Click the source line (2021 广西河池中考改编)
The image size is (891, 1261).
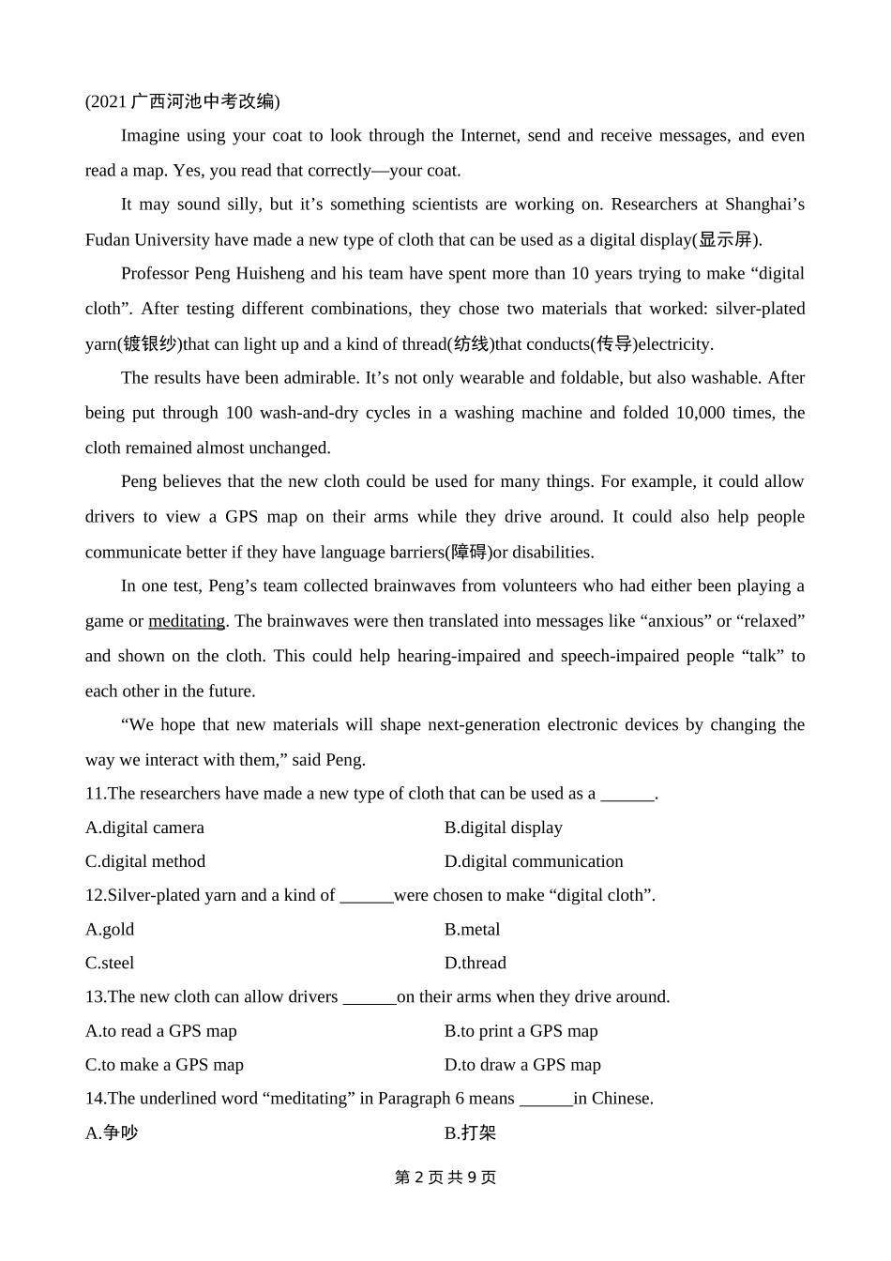182,101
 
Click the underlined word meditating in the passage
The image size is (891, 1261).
187,621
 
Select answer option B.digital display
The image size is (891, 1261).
504,828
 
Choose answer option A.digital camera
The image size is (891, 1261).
144,828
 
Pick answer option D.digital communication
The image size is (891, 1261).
534,861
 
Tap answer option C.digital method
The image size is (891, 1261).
145,861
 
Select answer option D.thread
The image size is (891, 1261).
476,963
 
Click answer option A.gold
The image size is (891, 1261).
110,929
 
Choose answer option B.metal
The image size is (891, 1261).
473,929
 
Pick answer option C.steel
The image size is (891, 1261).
110,963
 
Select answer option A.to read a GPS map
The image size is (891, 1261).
161,1031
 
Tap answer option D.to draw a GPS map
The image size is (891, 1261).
522,1065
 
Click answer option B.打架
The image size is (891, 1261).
470,1133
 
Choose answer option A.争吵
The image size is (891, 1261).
112,1133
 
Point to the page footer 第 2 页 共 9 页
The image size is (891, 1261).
445,1177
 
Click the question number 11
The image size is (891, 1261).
95,794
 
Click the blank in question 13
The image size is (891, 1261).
370,997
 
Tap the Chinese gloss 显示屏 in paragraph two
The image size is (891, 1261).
726,240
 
